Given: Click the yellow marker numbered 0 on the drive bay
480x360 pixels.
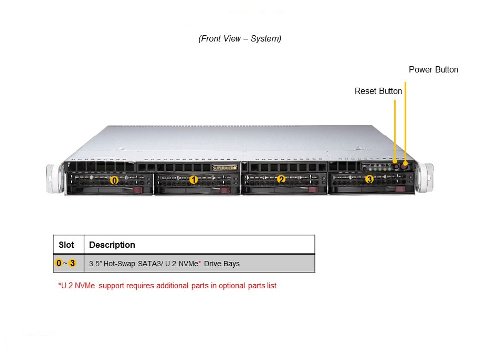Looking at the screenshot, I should [x=114, y=180].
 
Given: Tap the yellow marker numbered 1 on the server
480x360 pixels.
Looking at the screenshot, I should [x=194, y=180].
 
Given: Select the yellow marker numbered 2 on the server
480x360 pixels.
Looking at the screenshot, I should [x=281, y=179].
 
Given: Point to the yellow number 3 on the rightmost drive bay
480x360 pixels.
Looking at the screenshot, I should [x=369, y=179].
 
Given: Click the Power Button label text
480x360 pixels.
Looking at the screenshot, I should [x=433, y=70].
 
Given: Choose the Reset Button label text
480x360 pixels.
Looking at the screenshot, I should [x=378, y=91].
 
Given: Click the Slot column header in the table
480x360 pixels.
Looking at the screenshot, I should [x=66, y=245].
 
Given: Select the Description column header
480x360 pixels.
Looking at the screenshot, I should [x=112, y=245].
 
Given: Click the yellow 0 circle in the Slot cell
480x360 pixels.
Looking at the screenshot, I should [x=58, y=263].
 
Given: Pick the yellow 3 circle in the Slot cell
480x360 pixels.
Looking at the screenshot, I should [x=73, y=263].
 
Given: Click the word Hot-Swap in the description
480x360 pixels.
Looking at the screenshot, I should [x=120, y=263].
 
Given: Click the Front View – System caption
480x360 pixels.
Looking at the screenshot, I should [x=240, y=39].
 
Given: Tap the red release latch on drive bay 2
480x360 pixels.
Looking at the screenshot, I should [x=313, y=189].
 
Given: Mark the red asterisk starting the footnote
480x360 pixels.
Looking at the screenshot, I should [x=60, y=285].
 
